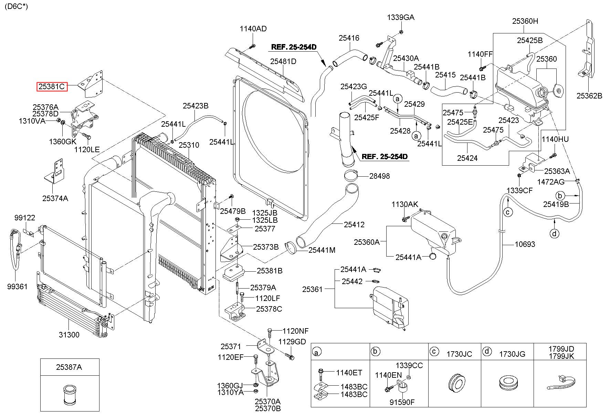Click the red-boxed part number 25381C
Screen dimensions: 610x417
(52, 87)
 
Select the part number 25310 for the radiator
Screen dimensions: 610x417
(189, 145)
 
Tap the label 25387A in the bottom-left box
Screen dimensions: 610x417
(69, 367)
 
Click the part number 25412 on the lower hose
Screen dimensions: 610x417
(354, 225)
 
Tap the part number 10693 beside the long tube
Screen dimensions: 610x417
(525, 244)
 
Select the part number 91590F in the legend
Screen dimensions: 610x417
(402, 402)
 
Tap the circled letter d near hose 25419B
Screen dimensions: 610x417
(554, 233)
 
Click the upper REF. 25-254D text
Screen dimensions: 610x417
(294, 47)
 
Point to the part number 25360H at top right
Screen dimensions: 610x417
(525, 21)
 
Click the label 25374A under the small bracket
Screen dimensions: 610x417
(55, 198)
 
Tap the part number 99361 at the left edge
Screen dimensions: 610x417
(17, 286)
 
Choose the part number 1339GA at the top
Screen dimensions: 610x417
(401, 17)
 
